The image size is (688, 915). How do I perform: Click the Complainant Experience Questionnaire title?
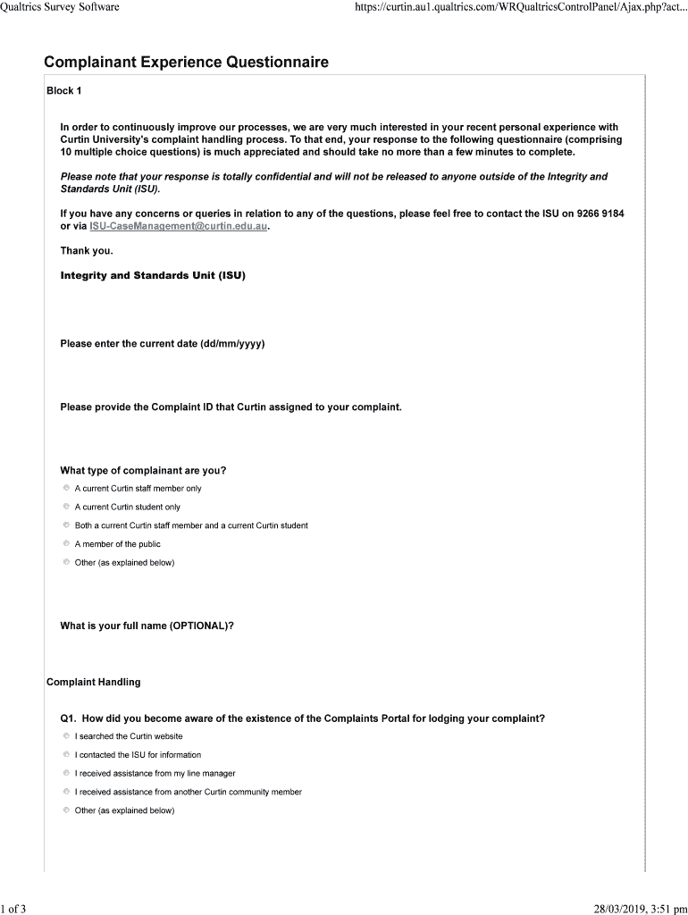tap(186, 63)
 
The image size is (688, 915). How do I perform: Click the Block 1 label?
tap(63, 91)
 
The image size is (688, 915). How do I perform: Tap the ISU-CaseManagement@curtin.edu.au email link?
tap(179, 227)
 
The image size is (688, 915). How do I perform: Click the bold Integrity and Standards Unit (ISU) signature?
tap(153, 275)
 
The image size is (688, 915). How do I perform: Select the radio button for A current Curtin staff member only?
tap(66, 489)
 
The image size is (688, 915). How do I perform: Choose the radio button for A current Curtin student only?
tap(66, 507)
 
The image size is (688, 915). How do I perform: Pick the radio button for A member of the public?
tap(66, 543)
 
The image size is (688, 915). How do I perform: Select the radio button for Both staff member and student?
tap(66, 525)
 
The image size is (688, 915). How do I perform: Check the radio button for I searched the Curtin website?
tap(66, 736)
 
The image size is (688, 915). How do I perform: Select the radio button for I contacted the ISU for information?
tap(66, 755)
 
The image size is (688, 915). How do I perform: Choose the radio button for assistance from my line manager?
tap(66, 773)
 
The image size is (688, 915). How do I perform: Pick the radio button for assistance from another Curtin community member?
tap(66, 792)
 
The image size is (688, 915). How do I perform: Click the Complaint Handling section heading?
tap(93, 683)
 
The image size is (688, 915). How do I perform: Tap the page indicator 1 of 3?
tap(13, 910)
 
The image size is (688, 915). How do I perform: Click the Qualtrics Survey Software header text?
tap(60, 8)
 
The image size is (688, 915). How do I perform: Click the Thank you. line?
tap(87, 251)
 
